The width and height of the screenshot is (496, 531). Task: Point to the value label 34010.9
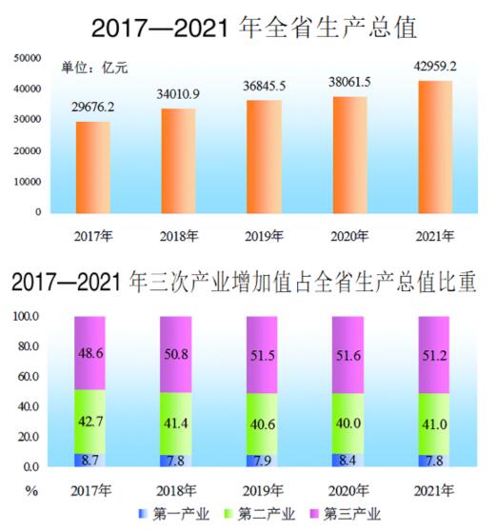click(x=178, y=94)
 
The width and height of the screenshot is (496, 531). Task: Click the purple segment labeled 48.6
click(x=92, y=352)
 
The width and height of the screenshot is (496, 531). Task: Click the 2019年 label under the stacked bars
click(x=265, y=491)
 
